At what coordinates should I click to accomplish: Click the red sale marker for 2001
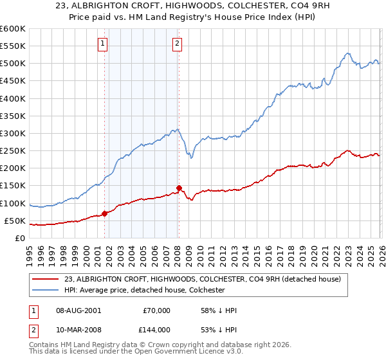click(104, 213)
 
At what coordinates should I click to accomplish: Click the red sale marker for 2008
click(179, 188)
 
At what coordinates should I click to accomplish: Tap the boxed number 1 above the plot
click(103, 44)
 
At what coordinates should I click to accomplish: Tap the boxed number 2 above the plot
click(177, 44)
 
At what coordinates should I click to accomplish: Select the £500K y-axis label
click(13, 63)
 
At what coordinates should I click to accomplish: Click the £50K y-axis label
click(15, 221)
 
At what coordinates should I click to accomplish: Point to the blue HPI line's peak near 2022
click(347, 53)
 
